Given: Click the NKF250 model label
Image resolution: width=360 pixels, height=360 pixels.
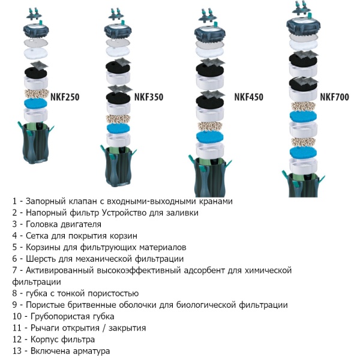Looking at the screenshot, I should pyautogui.click(x=66, y=97).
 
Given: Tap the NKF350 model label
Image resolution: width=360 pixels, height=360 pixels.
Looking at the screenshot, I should pyautogui.click(x=149, y=97).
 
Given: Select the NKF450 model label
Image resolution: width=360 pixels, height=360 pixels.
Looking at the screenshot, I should pyautogui.click(x=248, y=97).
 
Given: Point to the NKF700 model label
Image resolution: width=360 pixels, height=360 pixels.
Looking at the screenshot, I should pyautogui.click(x=334, y=97).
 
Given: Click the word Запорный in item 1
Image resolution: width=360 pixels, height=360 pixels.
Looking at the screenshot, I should pyautogui.click(x=48, y=202).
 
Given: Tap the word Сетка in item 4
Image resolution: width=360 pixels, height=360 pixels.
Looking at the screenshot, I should pyautogui.click(x=38, y=236).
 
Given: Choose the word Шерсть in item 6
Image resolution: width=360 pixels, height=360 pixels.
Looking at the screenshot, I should pyautogui.click(x=42, y=259).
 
